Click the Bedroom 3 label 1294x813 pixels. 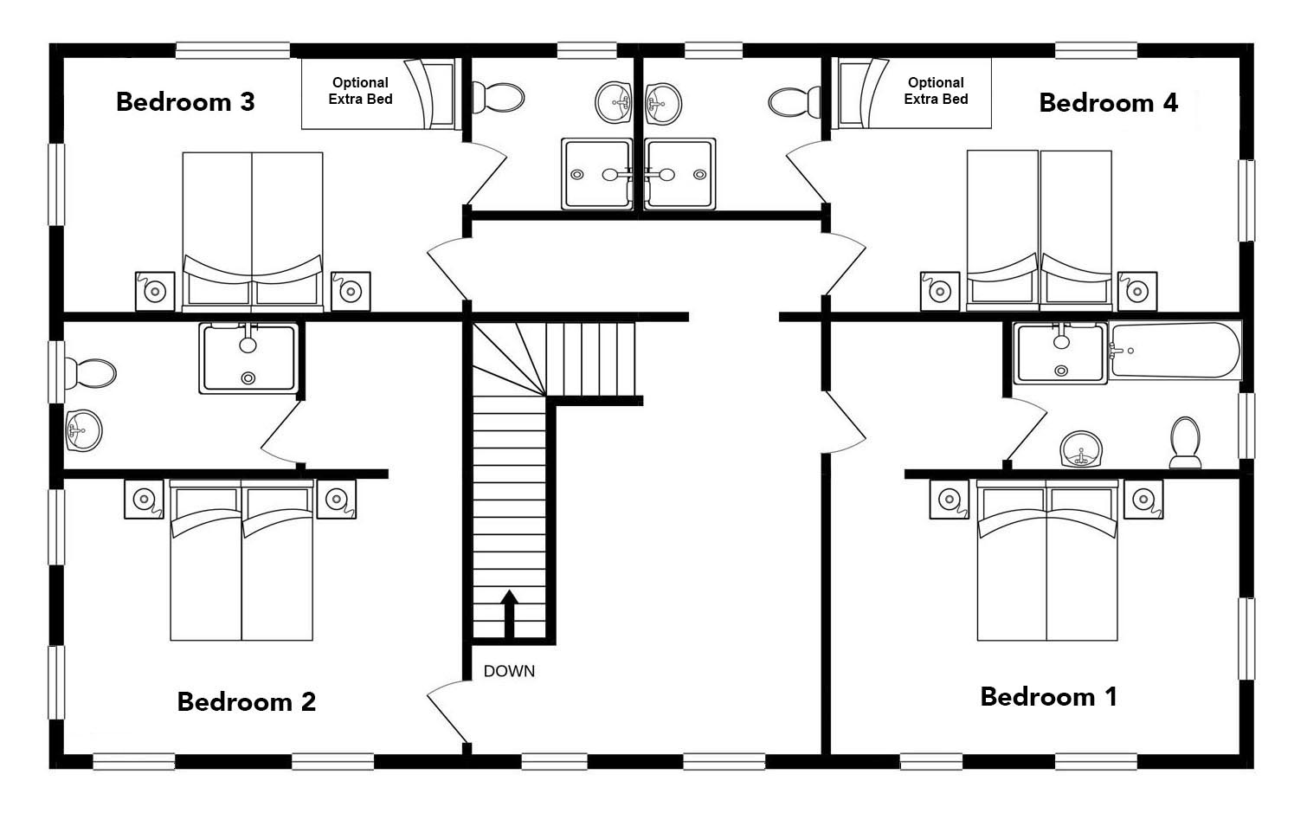click(x=185, y=102)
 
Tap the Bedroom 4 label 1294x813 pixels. click(x=1108, y=103)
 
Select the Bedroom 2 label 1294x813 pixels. click(x=246, y=701)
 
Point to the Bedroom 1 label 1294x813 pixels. click(x=1048, y=696)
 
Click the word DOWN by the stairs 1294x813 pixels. click(x=509, y=671)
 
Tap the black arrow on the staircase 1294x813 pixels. click(x=510, y=613)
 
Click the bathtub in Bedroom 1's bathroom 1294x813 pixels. click(x=1175, y=351)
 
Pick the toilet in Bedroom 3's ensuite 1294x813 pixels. click(x=502, y=97)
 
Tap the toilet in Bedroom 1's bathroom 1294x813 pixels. click(x=1185, y=440)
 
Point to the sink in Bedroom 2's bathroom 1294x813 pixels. click(x=84, y=430)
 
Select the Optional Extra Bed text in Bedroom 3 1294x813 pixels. click(x=360, y=91)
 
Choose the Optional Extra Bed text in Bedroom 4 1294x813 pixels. click(x=936, y=91)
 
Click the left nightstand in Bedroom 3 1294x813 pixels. click(x=155, y=291)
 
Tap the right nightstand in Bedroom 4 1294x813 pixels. click(x=1136, y=291)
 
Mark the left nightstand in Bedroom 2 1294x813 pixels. click(x=144, y=499)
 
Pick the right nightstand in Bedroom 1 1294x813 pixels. click(x=1143, y=500)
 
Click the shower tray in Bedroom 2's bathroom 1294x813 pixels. click(x=248, y=358)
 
